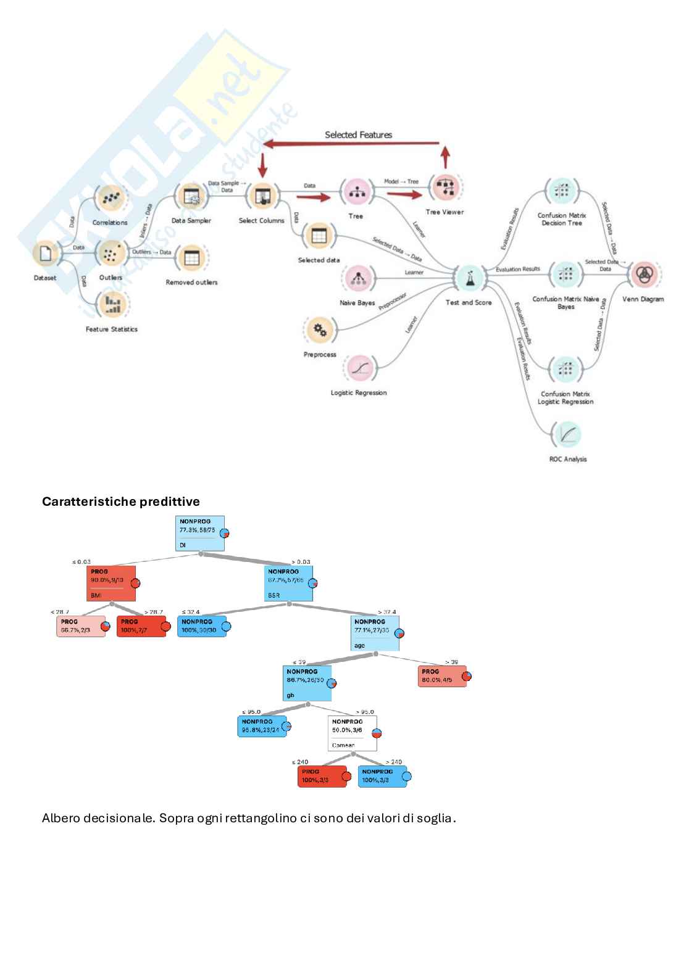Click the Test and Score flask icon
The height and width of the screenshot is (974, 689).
tap(469, 279)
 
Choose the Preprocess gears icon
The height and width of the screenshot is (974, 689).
tap(320, 331)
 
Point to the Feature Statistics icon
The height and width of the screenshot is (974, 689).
tap(112, 303)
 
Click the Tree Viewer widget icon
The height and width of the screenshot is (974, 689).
tap(445, 186)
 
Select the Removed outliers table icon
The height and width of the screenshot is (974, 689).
tap(192, 257)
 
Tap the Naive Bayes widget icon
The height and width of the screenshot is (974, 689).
tap(357, 279)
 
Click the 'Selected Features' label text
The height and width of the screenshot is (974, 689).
tap(359, 134)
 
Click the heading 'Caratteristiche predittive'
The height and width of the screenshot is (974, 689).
tap(121, 501)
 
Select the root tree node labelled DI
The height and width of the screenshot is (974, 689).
tap(199, 534)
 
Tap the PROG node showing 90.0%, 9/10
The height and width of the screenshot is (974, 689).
tap(111, 583)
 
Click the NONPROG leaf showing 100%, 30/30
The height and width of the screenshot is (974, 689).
tap(201, 625)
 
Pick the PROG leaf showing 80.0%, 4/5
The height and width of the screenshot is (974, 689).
tap(441, 676)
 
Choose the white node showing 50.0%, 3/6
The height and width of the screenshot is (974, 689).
tap(352, 733)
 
